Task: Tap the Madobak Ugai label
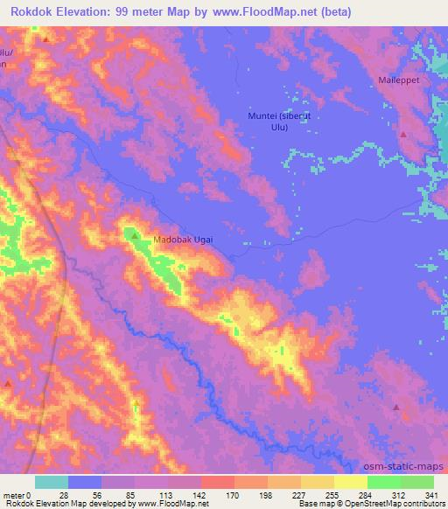(x=183, y=239)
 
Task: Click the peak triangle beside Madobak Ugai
(x=135, y=235)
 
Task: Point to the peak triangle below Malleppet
(x=402, y=135)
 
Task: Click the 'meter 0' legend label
(x=18, y=494)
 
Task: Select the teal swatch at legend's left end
(x=52, y=482)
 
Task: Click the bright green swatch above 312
(x=383, y=482)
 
